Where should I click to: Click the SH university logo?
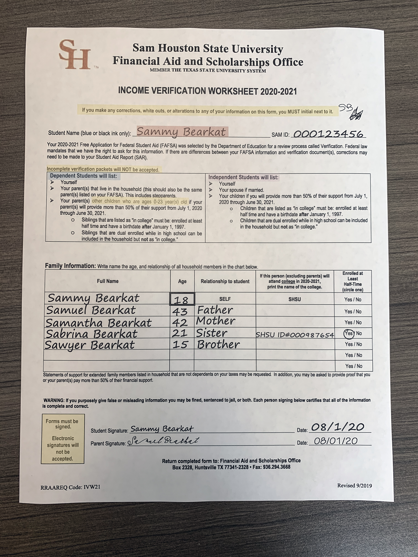pyautogui.click(x=75, y=55)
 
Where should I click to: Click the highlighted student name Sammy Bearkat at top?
pyautogui.click(x=181, y=132)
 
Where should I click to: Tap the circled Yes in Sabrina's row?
pyautogui.click(x=349, y=333)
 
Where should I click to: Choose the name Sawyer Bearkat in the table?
pyautogui.click(x=90, y=345)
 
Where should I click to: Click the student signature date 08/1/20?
pyautogui.click(x=338, y=427)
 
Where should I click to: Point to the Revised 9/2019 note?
pyautogui.click(x=355, y=485)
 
